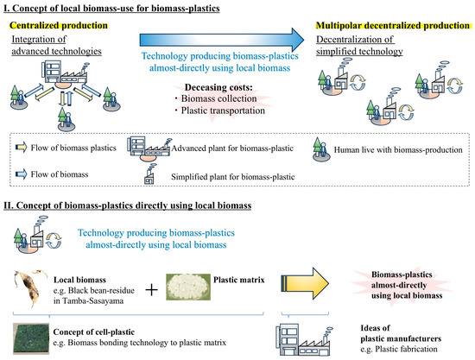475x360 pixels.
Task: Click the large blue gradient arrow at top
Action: tap(221, 40)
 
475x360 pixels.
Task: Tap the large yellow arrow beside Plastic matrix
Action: tap(305, 283)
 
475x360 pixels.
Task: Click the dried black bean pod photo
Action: tap(29, 287)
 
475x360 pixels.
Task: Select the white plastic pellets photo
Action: tap(188, 287)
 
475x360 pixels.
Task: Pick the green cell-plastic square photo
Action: tap(31, 338)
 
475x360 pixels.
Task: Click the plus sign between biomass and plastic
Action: tap(151, 290)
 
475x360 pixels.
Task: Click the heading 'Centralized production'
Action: tap(59, 25)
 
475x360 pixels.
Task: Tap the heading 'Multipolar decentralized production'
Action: tap(393, 25)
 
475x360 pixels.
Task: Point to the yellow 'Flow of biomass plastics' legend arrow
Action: tap(21, 148)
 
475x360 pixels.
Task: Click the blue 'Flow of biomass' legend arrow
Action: tap(21, 174)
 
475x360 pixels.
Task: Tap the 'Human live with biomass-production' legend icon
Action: tap(320, 149)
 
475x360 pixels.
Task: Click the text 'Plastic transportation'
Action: tap(223, 111)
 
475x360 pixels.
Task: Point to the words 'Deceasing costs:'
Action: tap(218, 87)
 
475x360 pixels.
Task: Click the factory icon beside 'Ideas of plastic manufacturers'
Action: tap(304, 340)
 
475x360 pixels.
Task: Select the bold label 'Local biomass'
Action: tap(79, 280)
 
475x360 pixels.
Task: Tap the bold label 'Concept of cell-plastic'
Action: tap(93, 332)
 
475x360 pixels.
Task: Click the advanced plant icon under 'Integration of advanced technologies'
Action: tap(66, 74)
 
